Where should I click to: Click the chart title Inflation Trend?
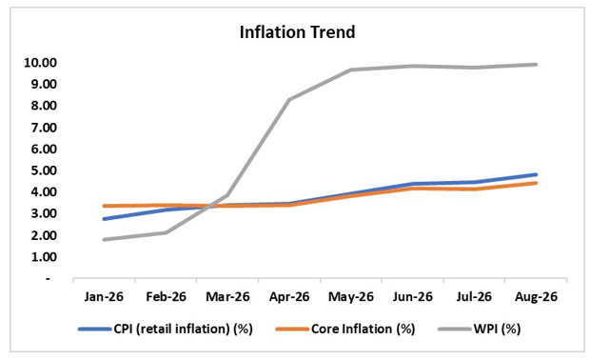297,32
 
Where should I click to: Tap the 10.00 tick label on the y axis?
40,63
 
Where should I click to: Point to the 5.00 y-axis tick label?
44,170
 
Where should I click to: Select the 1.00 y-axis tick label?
44,257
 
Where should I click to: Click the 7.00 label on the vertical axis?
44,128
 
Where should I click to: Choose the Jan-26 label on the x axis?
104,297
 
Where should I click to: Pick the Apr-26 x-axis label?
289,297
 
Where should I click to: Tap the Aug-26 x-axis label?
536,297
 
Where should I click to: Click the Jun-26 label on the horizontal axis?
412,297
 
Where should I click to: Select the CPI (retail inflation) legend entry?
166,329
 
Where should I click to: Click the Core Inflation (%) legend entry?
345,329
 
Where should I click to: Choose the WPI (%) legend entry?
480,329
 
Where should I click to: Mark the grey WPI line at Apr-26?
289,99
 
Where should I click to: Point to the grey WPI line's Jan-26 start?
104,239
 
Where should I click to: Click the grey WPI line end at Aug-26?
536,65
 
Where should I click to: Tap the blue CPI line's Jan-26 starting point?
104,219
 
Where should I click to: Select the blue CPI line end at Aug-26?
536,174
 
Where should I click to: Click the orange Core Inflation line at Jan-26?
104,206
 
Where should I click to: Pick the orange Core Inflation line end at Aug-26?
536,183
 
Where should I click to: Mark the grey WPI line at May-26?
351,70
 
